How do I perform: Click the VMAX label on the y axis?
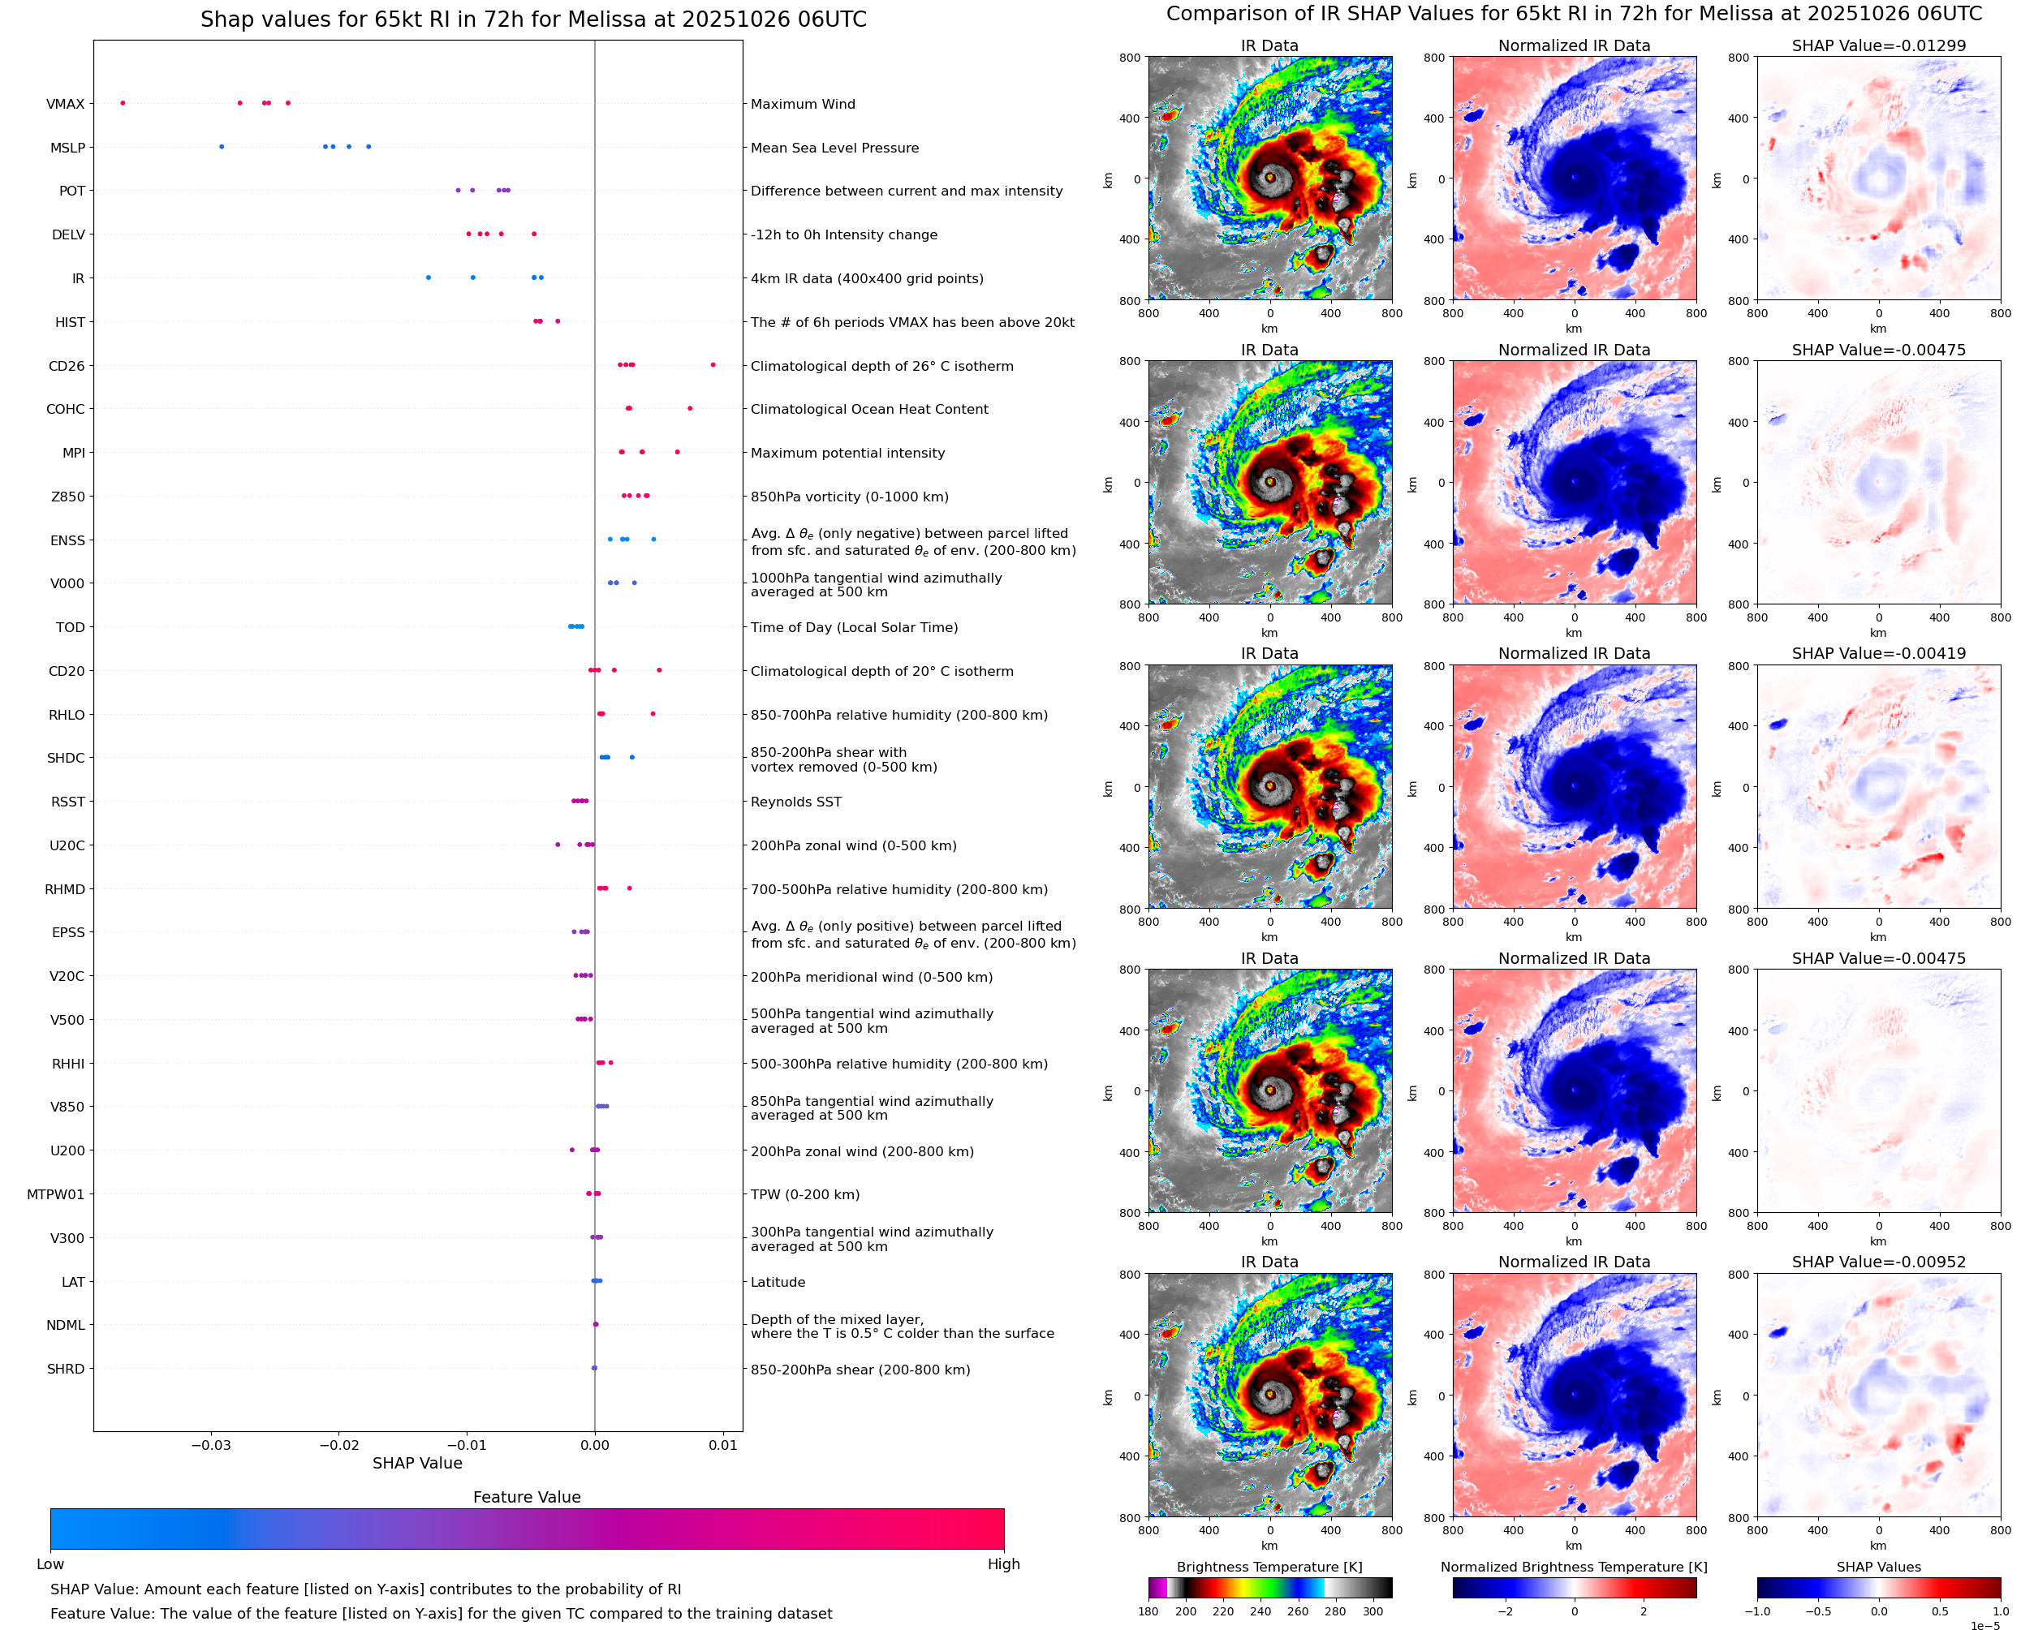(65, 104)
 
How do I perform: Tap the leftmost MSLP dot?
(222, 147)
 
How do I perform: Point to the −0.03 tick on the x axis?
(210, 1445)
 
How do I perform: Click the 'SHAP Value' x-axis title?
(417, 1463)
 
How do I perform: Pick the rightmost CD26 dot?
(713, 364)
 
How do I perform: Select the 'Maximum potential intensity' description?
(847, 453)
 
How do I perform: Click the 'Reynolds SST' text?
(795, 802)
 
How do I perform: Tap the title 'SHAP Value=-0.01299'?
(1878, 46)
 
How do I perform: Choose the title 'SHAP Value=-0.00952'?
(1878, 1262)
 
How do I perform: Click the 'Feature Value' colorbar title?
(527, 1497)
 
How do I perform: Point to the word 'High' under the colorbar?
(1003, 1564)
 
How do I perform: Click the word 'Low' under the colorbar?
(50, 1564)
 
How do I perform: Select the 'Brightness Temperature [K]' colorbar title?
(1269, 1567)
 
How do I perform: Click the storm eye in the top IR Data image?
(1269, 177)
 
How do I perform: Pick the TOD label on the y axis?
(71, 627)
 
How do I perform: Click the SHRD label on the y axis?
(66, 1369)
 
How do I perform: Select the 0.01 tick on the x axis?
(723, 1445)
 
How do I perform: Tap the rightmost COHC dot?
(690, 408)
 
